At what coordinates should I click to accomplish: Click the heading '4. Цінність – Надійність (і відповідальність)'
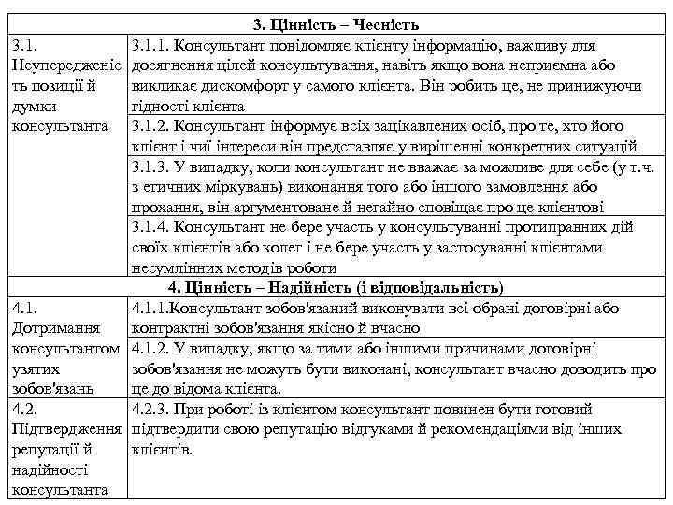tap(336, 286)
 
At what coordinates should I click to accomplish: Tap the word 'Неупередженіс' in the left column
tap(64, 65)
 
